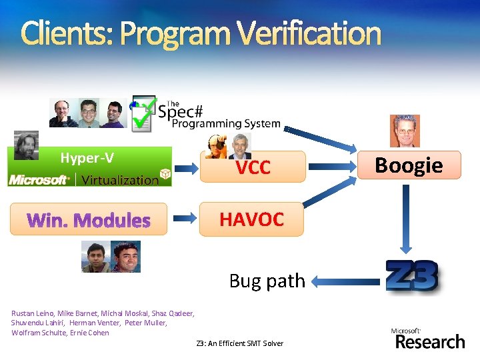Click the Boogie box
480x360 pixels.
point(409,165)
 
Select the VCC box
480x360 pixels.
point(253,167)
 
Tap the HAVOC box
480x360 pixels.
point(252,219)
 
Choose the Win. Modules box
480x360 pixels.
point(89,219)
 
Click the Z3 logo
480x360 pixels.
point(412,277)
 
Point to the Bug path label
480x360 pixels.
point(267,281)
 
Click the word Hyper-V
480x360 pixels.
point(87,158)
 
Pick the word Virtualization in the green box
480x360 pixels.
point(120,179)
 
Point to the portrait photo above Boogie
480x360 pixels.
point(405,130)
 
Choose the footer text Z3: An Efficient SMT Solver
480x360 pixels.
point(239,343)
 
